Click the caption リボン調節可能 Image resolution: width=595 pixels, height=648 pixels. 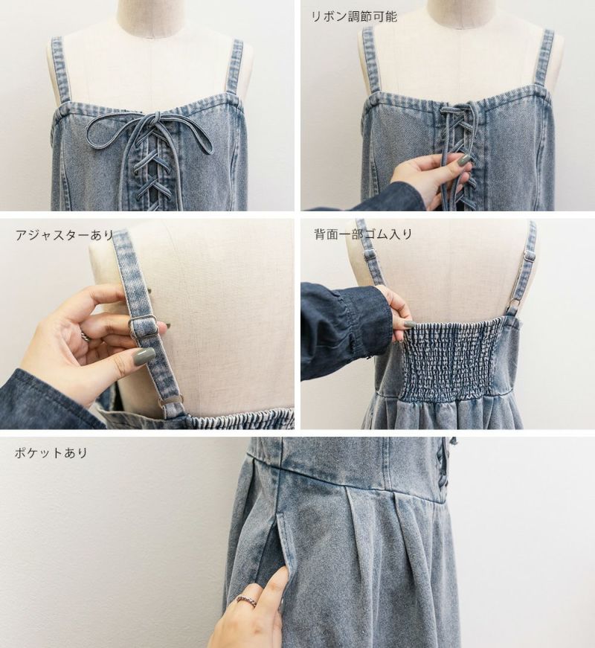point(354,16)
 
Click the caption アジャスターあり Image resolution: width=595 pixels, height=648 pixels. point(65,235)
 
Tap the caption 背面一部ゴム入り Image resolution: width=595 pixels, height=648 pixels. point(363,234)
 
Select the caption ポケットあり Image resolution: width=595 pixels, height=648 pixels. point(51,452)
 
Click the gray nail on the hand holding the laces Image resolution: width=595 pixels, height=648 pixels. point(464,158)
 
